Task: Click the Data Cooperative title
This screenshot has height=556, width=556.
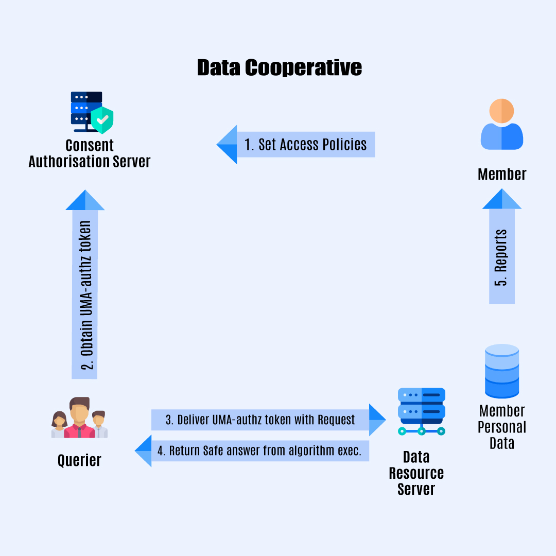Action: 279,68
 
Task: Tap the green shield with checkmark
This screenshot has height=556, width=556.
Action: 102,119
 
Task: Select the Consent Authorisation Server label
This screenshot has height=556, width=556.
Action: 89,153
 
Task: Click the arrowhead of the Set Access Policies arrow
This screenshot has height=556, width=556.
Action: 227,145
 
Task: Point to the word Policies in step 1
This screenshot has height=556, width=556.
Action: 343,145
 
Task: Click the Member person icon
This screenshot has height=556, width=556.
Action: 501,125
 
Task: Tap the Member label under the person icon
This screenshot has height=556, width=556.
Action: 501,175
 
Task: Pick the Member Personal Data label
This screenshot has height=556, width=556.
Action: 501,427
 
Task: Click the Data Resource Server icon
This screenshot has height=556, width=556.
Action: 421,411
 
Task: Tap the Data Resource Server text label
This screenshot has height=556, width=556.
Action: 416,473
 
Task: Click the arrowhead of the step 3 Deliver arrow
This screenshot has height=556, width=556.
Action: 378,420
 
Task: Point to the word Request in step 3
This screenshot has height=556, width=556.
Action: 336,420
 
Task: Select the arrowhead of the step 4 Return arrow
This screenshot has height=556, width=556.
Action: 143,450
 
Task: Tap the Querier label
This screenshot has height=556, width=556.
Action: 79,460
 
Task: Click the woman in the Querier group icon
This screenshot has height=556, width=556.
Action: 59,424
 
